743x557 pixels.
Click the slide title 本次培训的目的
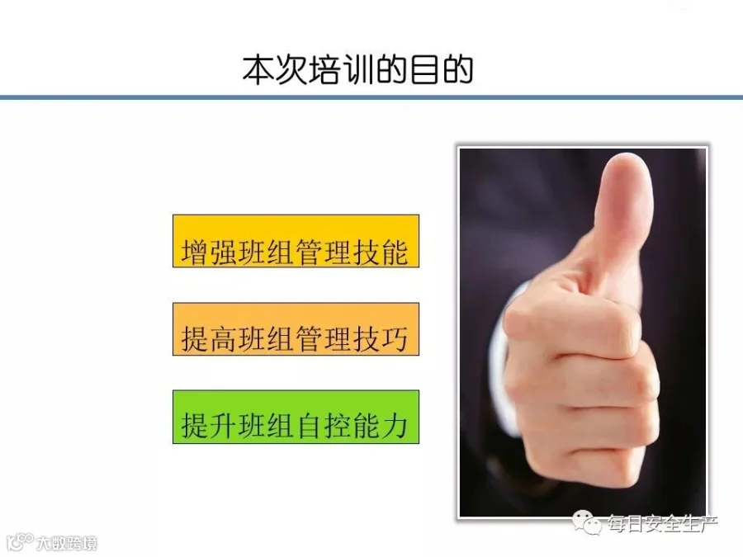[357, 71]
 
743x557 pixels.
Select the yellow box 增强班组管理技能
[296, 241]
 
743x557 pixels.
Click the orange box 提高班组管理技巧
[296, 329]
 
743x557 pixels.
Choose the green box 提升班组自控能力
[296, 417]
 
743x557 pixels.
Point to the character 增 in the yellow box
[194, 252]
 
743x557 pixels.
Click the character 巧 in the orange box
[395, 339]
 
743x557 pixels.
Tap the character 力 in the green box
[395, 426]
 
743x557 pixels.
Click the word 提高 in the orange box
[209, 339]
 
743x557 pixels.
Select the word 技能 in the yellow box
[380, 252]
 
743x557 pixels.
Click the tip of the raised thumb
[628, 156]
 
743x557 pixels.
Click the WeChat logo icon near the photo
[587, 522]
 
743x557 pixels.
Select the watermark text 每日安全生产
[662, 523]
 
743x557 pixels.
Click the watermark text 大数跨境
[67, 543]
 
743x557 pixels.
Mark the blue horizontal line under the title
[371, 97]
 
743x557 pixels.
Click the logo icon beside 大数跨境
[20, 542]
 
